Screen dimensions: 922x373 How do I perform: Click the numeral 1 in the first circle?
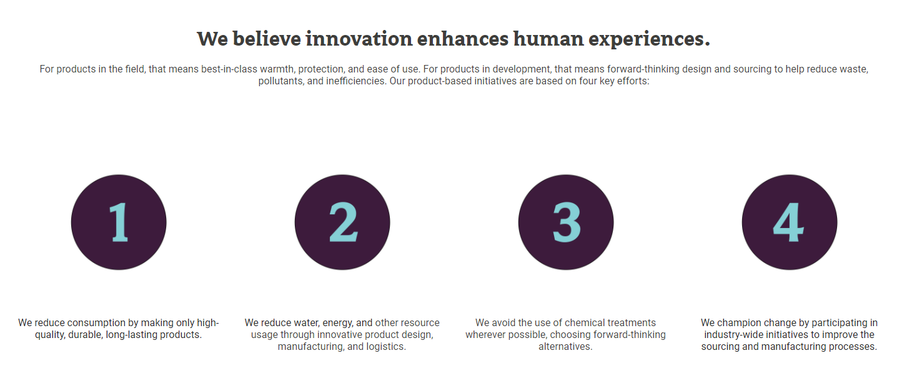[x=119, y=222]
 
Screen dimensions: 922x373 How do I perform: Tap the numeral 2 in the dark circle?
[x=344, y=222]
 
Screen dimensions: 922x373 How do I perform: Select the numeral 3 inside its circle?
[x=567, y=222]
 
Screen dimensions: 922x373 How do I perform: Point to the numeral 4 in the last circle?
[x=788, y=222]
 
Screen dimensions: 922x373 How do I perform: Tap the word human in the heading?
[x=548, y=39]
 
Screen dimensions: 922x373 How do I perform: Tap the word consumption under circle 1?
[x=103, y=323]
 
